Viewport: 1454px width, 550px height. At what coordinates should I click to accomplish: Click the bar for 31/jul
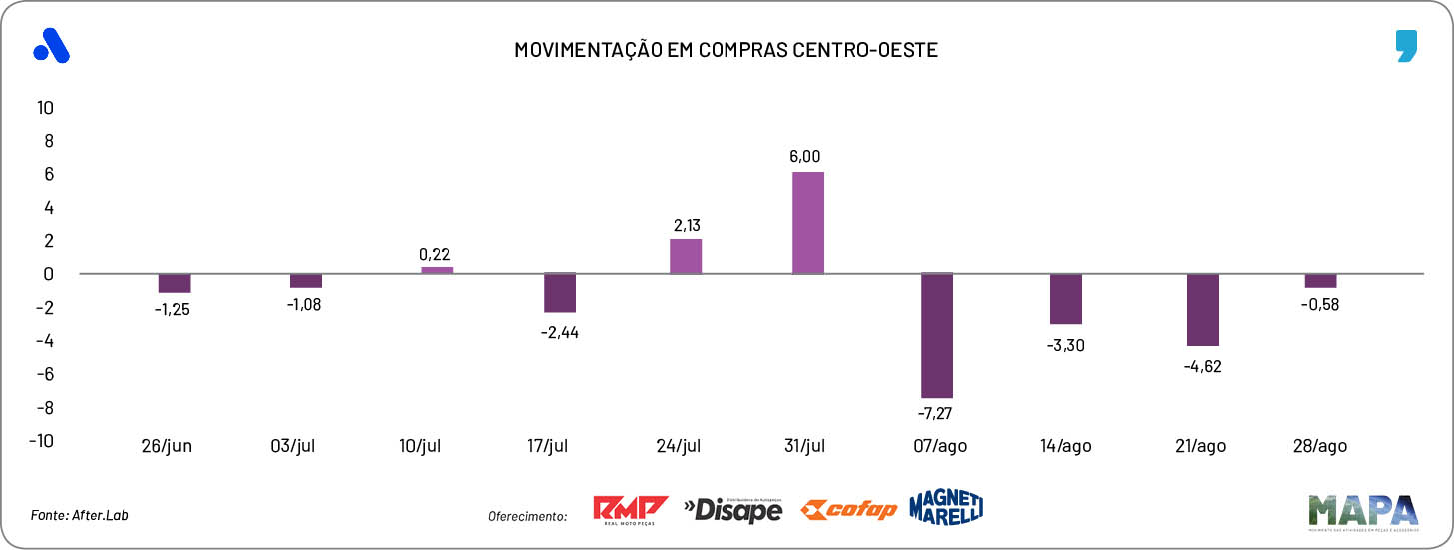click(808, 223)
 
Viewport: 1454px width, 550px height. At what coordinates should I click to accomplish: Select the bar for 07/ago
click(937, 336)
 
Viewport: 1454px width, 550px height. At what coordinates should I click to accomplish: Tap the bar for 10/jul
click(437, 270)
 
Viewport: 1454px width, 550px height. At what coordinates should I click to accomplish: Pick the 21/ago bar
click(1203, 310)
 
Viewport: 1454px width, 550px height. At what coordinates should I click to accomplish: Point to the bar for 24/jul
click(686, 256)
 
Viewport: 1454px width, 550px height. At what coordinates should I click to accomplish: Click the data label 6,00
click(804, 156)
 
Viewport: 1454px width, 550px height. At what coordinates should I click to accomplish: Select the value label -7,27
click(937, 412)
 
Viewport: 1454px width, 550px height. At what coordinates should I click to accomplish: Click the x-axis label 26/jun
click(166, 446)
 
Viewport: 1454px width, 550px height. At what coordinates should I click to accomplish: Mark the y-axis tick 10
click(45, 107)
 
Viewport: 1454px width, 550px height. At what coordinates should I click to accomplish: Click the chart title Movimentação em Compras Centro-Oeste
click(727, 50)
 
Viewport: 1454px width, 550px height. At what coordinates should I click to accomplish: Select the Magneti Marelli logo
click(946, 507)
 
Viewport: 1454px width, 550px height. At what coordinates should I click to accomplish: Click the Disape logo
click(732, 510)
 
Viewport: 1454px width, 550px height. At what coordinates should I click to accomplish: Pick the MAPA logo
click(1362, 510)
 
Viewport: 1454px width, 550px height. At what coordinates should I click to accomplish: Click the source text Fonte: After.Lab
click(80, 515)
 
